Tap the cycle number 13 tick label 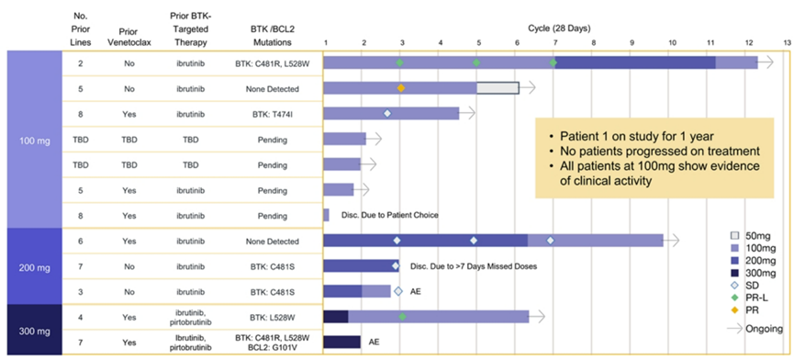[786, 43]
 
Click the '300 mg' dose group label [31, 328]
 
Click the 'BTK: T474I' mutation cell [274, 113]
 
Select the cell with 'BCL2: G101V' [274, 347]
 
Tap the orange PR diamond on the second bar [401, 88]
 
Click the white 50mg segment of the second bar [498, 88]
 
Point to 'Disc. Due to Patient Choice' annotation [389, 215]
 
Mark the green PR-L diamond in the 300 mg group [403, 316]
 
